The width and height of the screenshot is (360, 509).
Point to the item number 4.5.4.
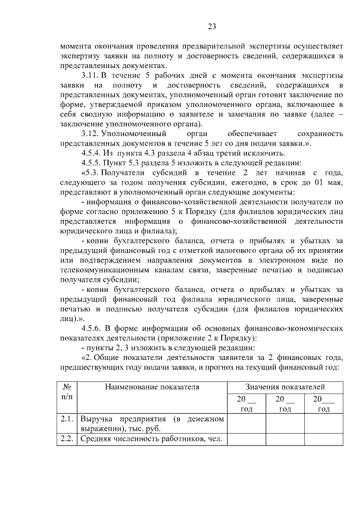tap(93, 154)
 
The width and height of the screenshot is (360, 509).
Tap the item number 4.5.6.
tap(93, 328)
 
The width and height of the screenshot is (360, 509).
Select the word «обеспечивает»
tap(250, 134)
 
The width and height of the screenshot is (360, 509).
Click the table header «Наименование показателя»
tap(152, 388)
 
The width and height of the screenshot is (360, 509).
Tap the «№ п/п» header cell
tap(67, 392)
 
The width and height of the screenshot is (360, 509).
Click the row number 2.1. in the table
tap(67, 419)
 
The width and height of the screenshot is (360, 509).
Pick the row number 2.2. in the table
tap(67, 439)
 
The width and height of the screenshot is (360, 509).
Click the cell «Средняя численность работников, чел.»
tap(152, 439)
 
